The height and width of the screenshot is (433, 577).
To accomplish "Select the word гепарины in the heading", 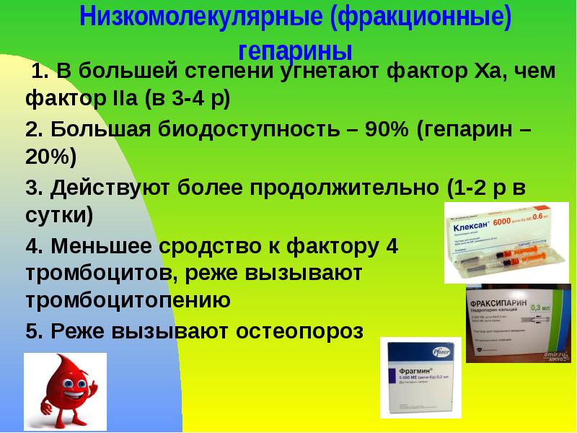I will [295, 51].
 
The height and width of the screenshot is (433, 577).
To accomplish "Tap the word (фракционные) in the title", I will [421, 18].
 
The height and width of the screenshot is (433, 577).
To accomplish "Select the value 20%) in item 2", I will [50, 155].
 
